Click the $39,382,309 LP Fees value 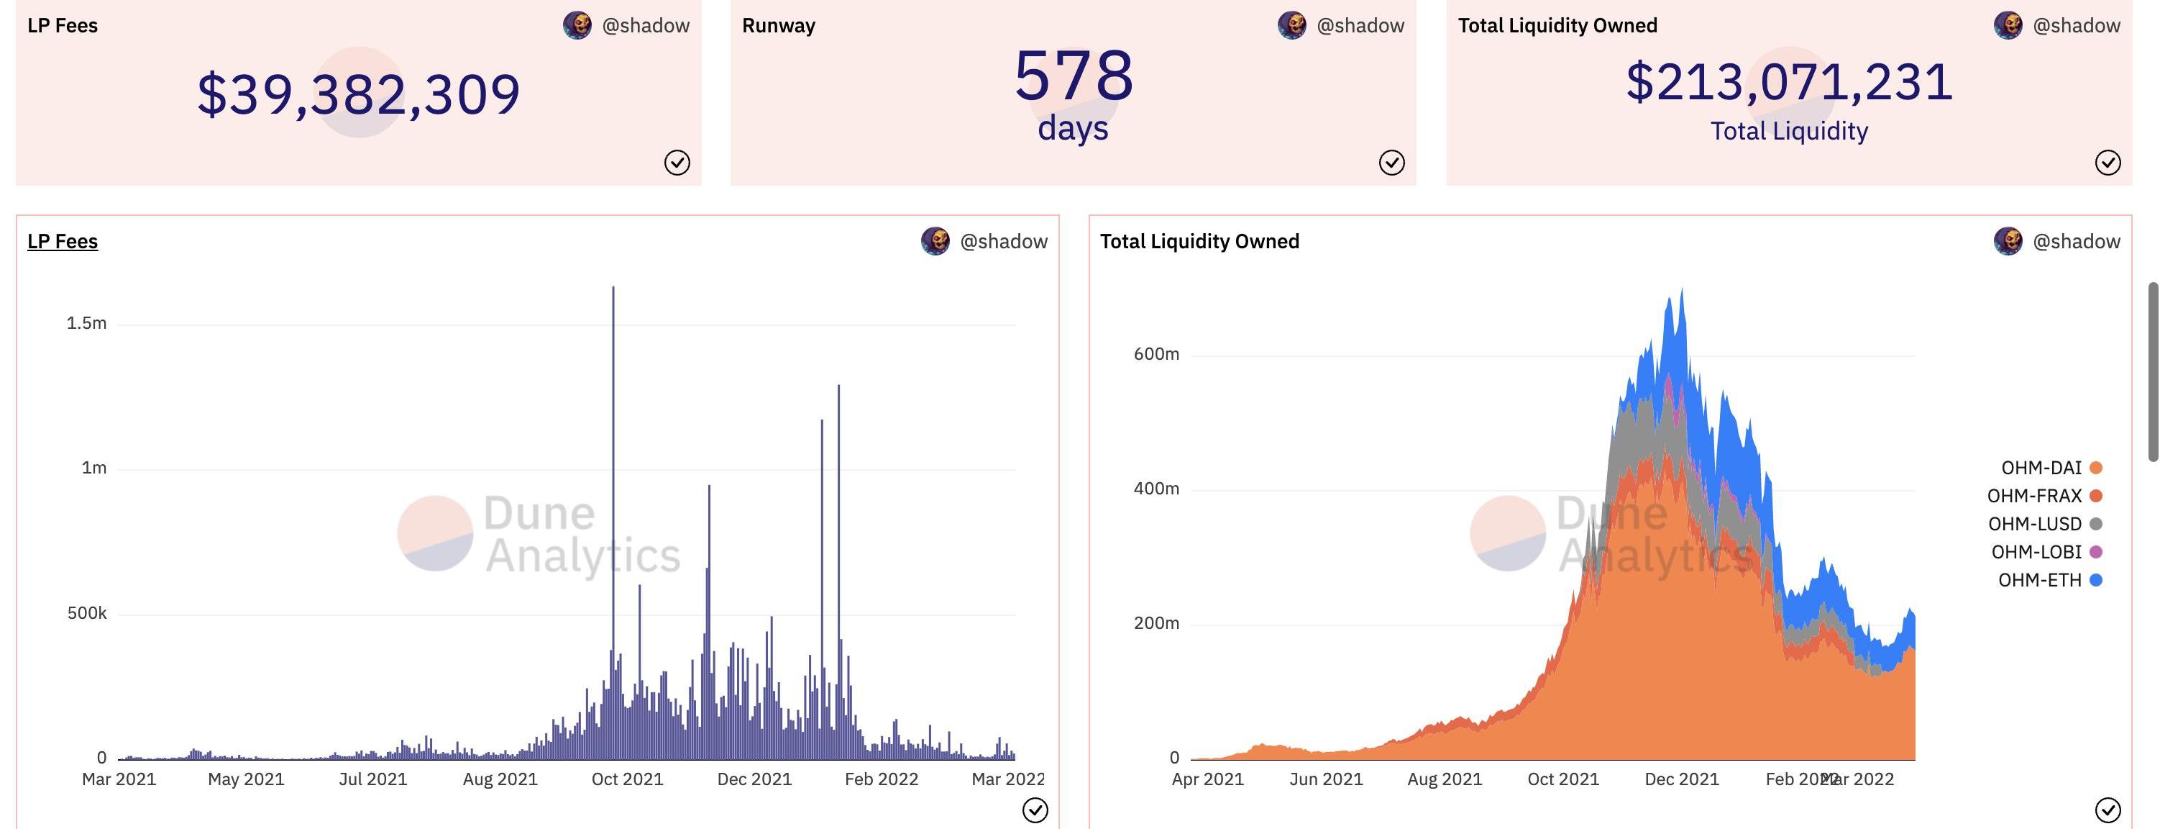[x=359, y=94]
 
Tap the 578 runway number [x=1074, y=76]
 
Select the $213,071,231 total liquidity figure [x=1790, y=82]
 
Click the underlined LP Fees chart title [x=63, y=242]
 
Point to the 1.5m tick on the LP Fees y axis [x=86, y=324]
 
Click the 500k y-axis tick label [x=86, y=613]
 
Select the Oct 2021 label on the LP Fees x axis [x=627, y=779]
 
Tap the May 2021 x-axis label [x=246, y=779]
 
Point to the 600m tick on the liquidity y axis [x=1156, y=354]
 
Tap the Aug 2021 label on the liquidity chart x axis [x=1444, y=779]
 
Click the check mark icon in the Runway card [x=1392, y=162]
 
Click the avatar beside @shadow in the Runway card [x=1292, y=25]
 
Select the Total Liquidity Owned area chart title [x=1199, y=242]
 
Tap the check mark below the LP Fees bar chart [x=1035, y=810]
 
